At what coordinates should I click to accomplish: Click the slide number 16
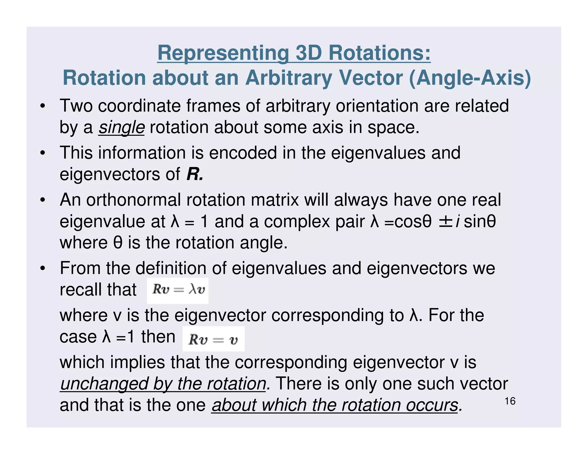tap(510, 401)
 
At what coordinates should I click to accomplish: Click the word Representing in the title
tap(223, 53)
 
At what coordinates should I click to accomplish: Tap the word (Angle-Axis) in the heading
tap(470, 78)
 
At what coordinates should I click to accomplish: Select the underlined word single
tap(121, 127)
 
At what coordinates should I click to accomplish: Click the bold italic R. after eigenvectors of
tap(195, 174)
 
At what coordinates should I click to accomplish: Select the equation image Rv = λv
tap(178, 290)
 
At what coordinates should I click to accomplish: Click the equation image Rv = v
tap(213, 339)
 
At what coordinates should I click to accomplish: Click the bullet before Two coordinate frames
tap(43, 106)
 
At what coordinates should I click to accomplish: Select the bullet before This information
tap(43, 153)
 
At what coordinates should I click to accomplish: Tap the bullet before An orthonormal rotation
tap(43, 200)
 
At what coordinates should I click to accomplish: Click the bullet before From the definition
tap(43, 268)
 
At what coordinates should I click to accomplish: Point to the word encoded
tap(243, 153)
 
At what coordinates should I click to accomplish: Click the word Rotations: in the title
tap(379, 53)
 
